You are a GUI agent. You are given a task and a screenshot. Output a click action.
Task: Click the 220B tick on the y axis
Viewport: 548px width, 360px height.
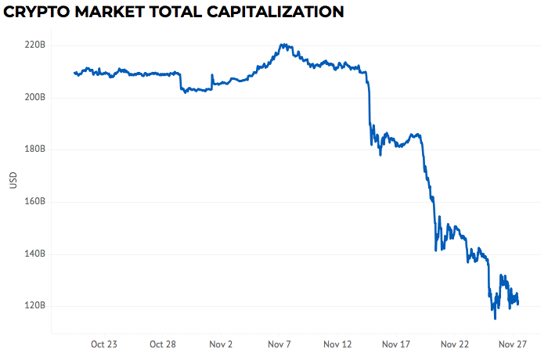pyautogui.click(x=35, y=45)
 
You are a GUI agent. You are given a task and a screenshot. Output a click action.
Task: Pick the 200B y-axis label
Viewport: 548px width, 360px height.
pyautogui.click(x=35, y=98)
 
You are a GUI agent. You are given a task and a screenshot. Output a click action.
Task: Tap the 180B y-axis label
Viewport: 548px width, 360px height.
pyautogui.click(x=35, y=149)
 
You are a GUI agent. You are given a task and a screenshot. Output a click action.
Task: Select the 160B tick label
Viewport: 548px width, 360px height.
pyautogui.click(x=35, y=202)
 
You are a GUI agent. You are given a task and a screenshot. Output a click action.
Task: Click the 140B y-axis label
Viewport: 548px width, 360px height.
pyautogui.click(x=35, y=254)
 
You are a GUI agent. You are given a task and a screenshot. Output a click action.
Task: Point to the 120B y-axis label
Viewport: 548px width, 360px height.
pyautogui.click(x=35, y=306)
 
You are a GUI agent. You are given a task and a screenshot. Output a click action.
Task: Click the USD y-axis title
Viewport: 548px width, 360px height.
pyautogui.click(x=13, y=179)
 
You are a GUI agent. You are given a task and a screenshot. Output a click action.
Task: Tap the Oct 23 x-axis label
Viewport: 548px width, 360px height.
pyautogui.click(x=103, y=344)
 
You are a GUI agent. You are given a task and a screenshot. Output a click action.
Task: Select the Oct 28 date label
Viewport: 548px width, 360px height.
pyautogui.click(x=162, y=344)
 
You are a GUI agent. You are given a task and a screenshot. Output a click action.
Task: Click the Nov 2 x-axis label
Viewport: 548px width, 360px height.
pyautogui.click(x=221, y=344)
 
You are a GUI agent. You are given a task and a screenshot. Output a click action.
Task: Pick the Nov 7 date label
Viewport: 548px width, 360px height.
pyautogui.click(x=279, y=344)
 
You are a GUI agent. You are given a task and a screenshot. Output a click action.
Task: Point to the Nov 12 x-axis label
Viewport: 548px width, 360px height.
pyautogui.click(x=338, y=344)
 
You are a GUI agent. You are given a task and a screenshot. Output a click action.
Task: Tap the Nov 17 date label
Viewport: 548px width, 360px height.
pyautogui.click(x=396, y=344)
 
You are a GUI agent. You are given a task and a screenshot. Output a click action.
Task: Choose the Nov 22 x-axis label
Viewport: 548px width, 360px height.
pyautogui.click(x=455, y=344)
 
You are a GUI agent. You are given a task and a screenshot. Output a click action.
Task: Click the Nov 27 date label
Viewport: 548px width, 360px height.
pyautogui.click(x=514, y=344)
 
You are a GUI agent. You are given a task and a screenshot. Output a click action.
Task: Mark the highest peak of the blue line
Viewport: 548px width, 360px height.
pyautogui.click(x=283, y=45)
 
